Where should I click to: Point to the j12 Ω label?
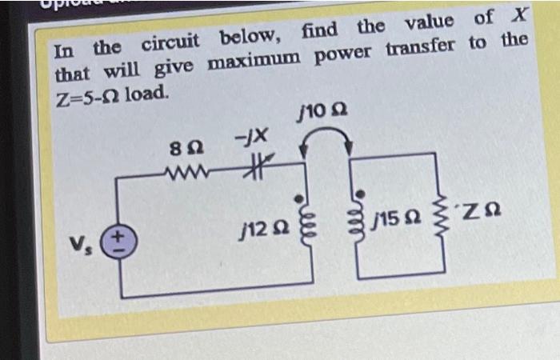pos(261,228)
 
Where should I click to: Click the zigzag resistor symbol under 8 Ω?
pos(189,168)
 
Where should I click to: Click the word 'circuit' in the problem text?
pos(172,42)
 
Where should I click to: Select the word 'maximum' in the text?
pos(255,59)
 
